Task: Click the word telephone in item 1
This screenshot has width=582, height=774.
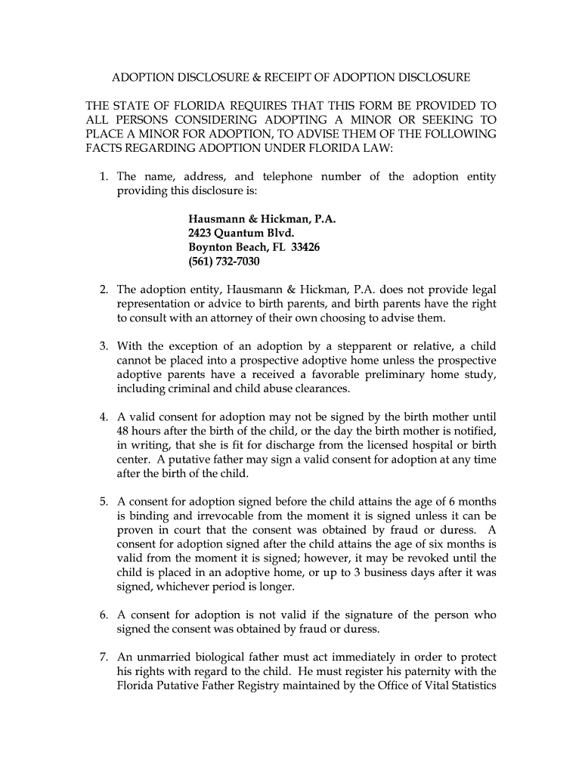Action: tap(285, 177)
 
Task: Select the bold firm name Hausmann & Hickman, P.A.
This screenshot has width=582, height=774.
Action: tap(262, 219)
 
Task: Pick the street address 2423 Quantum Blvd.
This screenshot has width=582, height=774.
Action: tap(240, 234)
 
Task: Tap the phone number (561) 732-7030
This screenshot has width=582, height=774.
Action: tap(224, 262)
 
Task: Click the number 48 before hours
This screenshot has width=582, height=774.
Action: tap(123, 431)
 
